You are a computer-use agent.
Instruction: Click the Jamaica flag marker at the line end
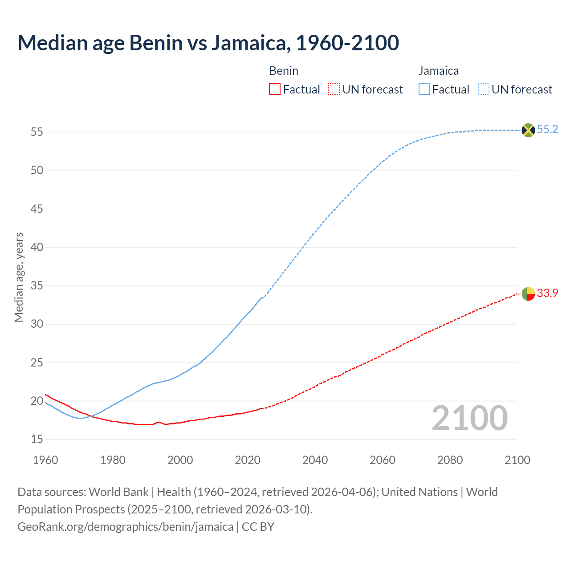[528, 130]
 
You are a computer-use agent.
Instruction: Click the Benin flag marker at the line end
[528, 294]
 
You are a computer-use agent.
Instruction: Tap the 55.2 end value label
[547, 130]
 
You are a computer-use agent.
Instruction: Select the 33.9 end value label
[547, 293]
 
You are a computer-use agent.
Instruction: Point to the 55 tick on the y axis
[37, 132]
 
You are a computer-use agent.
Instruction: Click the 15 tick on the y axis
[37, 440]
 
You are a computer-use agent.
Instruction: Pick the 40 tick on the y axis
[37, 248]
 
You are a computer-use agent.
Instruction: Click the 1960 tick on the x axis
[45, 460]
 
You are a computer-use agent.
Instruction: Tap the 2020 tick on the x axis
[248, 460]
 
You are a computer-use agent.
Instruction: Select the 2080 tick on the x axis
[450, 460]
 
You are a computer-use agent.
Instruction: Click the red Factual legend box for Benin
[275, 90]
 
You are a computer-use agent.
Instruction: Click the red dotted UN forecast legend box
[334, 90]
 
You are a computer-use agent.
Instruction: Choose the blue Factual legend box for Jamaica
[424, 90]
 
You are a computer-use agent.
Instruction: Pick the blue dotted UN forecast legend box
[483, 90]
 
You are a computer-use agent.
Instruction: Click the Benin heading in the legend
[284, 71]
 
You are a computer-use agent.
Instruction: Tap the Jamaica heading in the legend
[438, 71]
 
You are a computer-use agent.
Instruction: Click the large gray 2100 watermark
[469, 418]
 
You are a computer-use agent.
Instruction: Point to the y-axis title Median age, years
[19, 277]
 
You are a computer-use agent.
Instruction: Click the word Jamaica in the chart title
[248, 43]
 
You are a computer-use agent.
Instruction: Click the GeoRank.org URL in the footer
[125, 527]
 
